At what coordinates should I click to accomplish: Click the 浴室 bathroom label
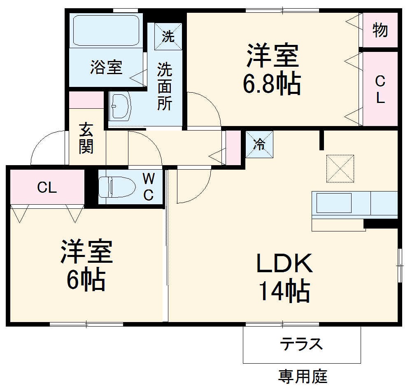pos(106,67)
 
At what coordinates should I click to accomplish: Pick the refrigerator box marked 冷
pos(259,144)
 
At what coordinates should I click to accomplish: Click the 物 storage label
pos(380,30)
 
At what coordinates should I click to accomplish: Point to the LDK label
pos(284,264)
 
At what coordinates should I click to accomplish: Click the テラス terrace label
pos(301,344)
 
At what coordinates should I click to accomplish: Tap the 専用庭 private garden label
pos(303,376)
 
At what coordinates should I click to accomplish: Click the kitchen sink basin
pos(333,203)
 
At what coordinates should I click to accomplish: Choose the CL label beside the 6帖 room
pos(47,188)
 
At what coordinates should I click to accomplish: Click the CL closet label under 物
pos(380,90)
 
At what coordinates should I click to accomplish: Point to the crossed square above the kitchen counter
pos(340,168)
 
